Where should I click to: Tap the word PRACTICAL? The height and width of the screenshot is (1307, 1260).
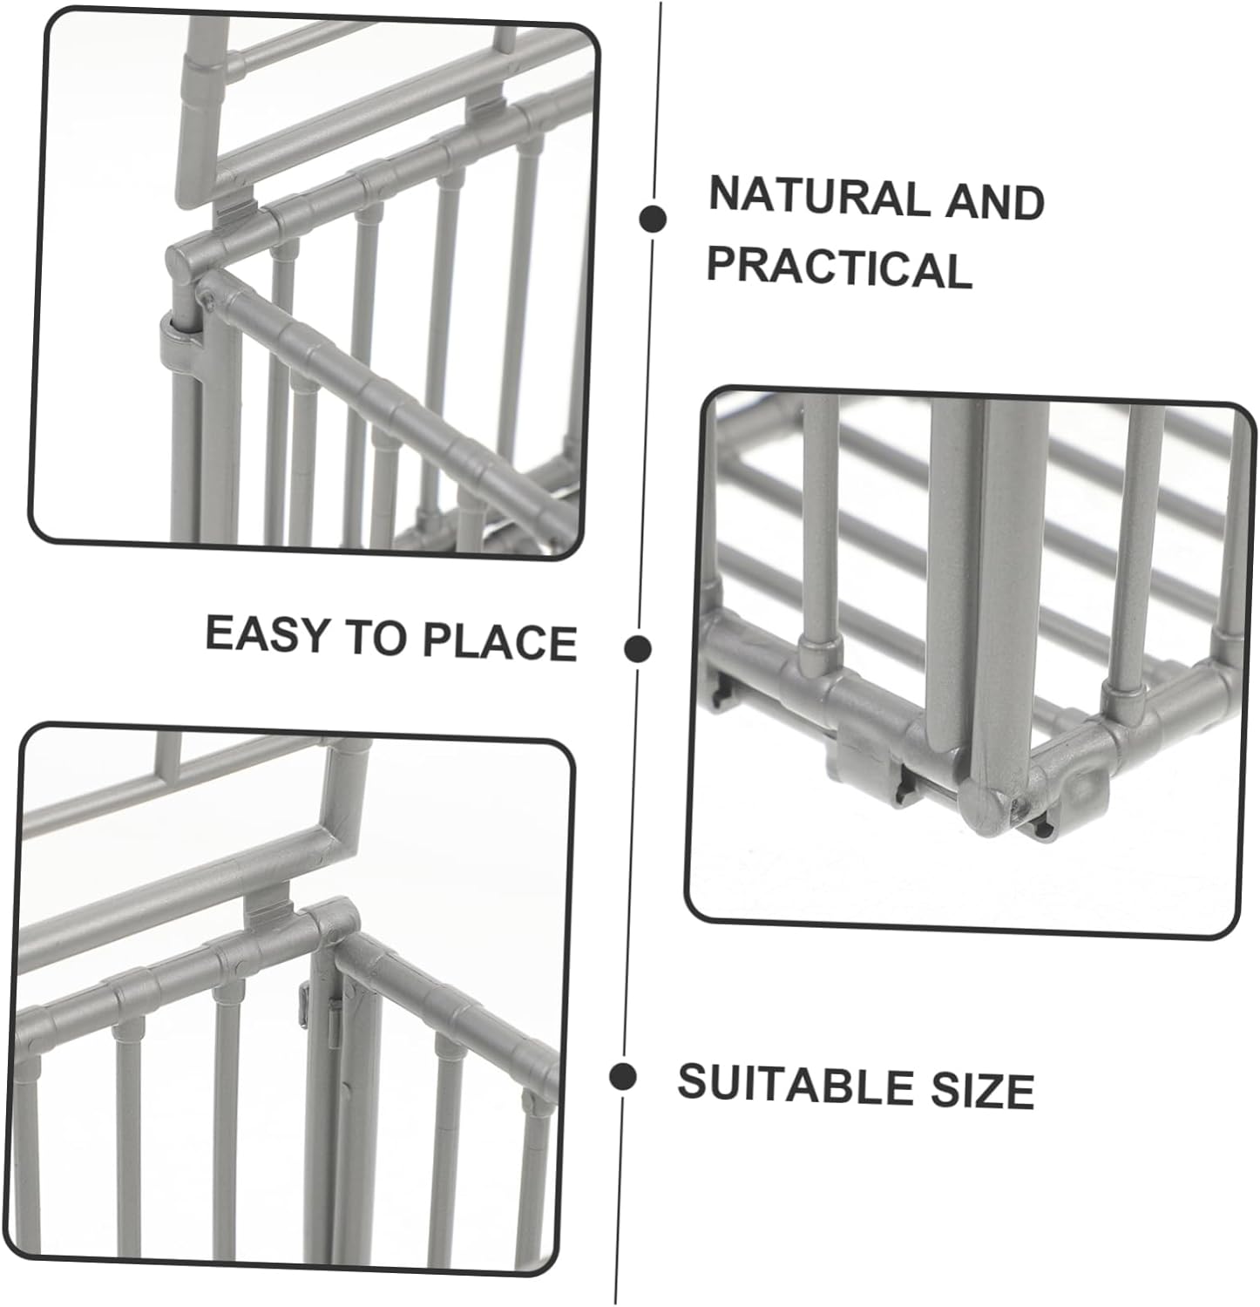click(x=839, y=267)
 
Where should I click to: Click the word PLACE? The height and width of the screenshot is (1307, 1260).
click(x=499, y=640)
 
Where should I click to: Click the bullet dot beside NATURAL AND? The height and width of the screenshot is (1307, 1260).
click(x=652, y=220)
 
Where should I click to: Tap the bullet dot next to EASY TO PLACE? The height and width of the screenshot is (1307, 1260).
click(x=639, y=648)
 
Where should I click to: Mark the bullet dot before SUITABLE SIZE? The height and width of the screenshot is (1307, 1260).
click(x=622, y=1078)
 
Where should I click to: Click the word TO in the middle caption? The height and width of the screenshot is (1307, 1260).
click(x=379, y=637)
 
